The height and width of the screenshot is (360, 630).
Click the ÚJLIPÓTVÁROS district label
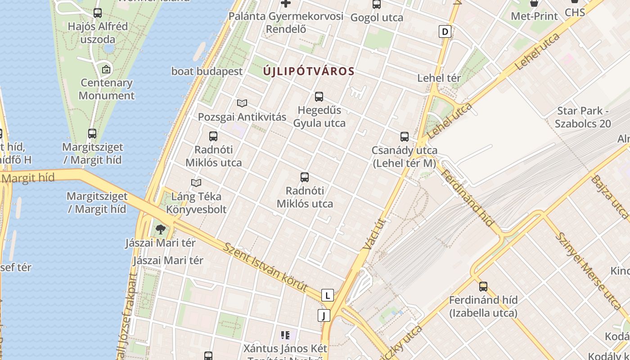tap(309, 71)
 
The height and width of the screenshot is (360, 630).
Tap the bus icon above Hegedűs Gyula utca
tap(319, 96)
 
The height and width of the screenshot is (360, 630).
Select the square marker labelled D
tap(445, 31)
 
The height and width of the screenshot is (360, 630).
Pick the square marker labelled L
tap(328, 295)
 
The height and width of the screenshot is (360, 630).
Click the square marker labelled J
tap(324, 315)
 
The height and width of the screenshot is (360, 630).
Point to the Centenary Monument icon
tap(106, 69)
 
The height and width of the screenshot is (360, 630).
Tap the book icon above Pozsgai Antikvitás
tap(242, 103)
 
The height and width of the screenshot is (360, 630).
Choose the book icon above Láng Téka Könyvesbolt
tap(196, 183)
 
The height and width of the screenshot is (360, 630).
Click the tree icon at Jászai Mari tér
tap(161, 229)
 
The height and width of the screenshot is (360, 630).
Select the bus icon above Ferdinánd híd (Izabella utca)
tap(483, 286)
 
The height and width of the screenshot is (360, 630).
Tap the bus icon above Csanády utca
tap(405, 137)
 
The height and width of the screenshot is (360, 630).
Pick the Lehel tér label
tap(439, 78)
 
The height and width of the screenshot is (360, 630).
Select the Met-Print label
tap(534, 16)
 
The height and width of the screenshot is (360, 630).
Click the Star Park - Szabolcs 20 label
tap(583, 117)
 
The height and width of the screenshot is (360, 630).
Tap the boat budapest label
tap(207, 71)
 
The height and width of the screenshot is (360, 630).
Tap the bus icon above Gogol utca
tap(377, 4)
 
